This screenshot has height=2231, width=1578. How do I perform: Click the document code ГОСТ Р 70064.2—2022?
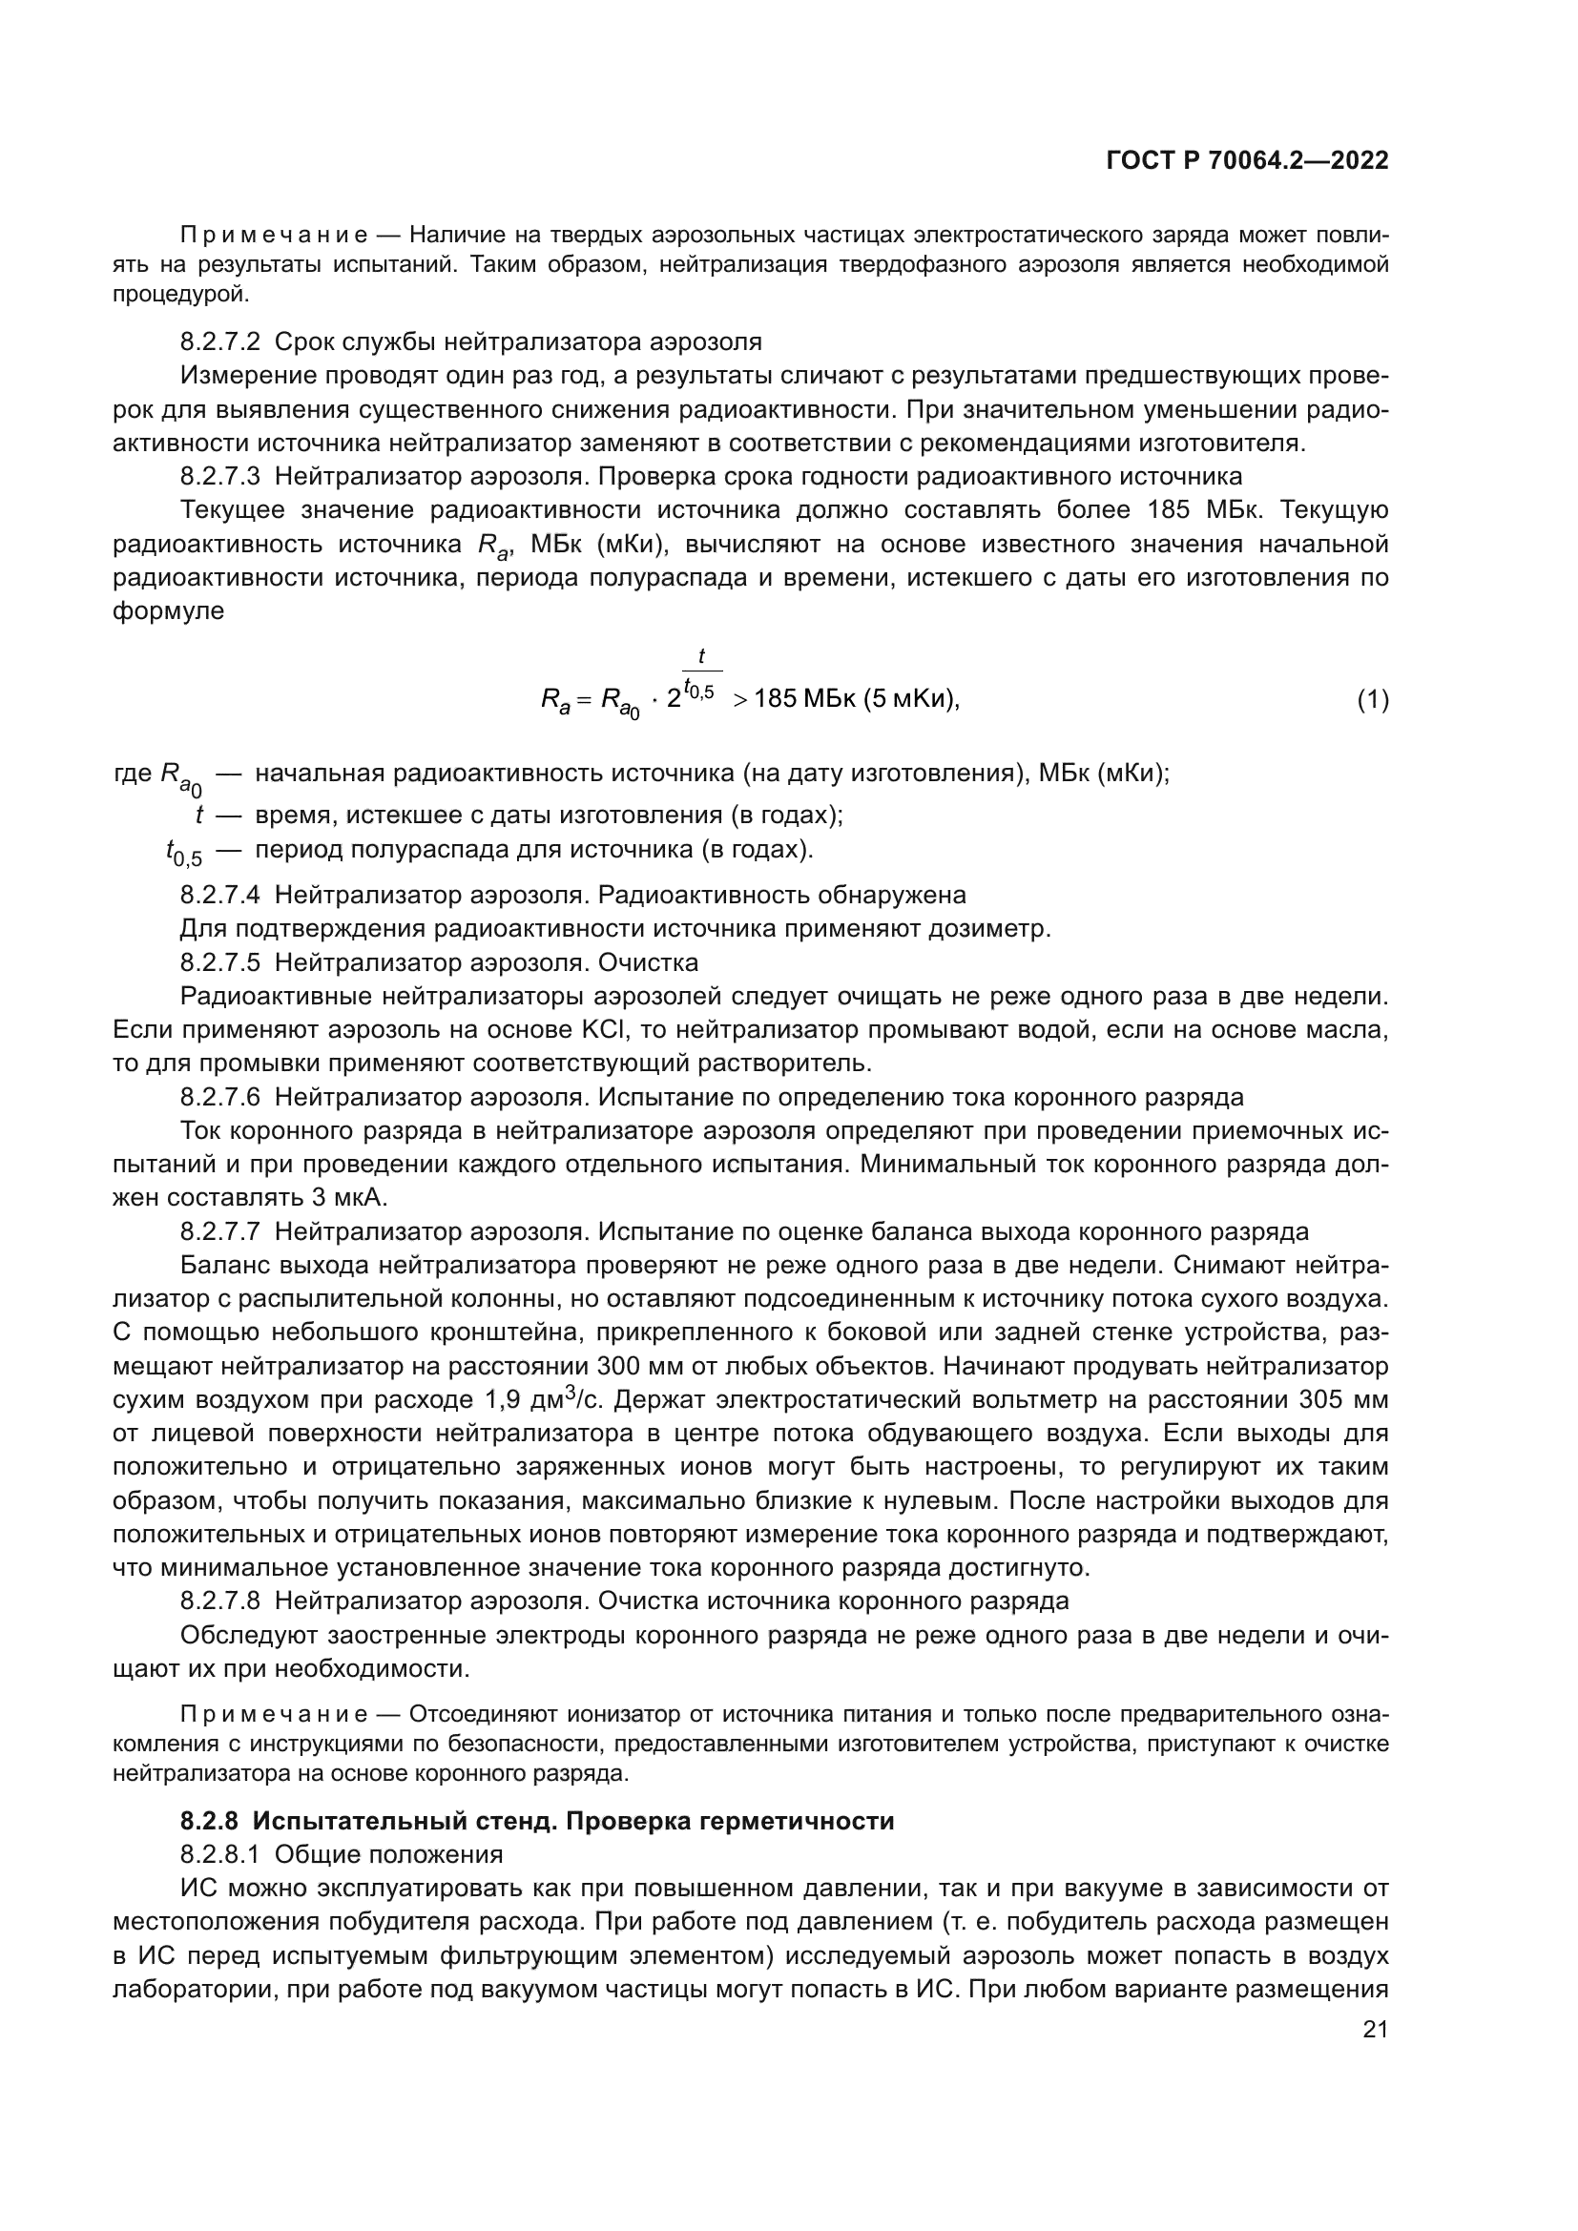(1247, 161)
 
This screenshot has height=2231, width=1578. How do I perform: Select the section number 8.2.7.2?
(219, 342)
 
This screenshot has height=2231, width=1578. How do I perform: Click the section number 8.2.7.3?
(219, 477)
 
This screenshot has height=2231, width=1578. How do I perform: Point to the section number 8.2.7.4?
(219, 895)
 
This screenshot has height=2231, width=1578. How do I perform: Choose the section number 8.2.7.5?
(219, 963)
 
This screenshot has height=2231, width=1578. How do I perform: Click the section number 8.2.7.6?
(219, 1098)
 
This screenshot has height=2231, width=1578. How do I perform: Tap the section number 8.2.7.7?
(219, 1232)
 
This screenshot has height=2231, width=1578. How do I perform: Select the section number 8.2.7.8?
(219, 1601)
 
